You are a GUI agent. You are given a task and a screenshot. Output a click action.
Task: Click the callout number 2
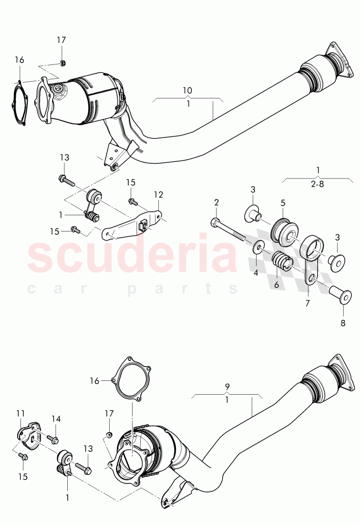[x=216, y=203]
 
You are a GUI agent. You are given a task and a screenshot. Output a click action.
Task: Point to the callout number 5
[x=283, y=203]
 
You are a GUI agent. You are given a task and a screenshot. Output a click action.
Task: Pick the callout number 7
[x=308, y=303]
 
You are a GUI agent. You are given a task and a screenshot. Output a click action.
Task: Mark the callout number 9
[x=227, y=386]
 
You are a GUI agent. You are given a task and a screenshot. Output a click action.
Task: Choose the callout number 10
[x=187, y=90]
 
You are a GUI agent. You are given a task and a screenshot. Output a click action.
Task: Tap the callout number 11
[x=20, y=414]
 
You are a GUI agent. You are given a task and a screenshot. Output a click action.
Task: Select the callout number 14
[x=56, y=419]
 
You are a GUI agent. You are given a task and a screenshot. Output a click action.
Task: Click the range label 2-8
[x=318, y=183]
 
